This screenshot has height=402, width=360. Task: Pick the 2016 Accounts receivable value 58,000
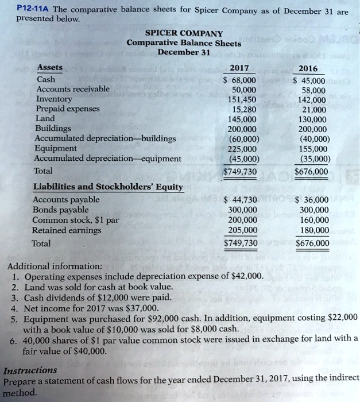click(x=313, y=90)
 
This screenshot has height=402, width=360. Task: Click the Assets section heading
click(x=50, y=67)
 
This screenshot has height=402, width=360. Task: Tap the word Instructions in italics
click(x=30, y=370)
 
